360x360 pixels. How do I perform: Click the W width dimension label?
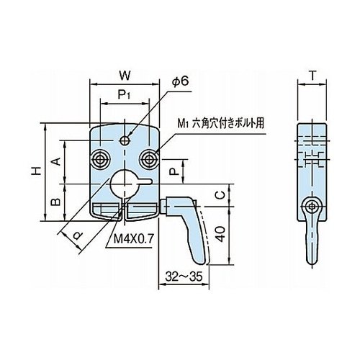point(125,76)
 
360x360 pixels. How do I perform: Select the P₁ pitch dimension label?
point(124,95)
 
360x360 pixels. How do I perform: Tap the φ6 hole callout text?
point(180,81)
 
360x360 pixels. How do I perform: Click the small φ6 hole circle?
point(124,140)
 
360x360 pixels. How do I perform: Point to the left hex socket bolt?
point(100,158)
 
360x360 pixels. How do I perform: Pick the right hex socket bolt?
point(149,158)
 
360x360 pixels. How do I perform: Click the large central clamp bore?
point(124,184)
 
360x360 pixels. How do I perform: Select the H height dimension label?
point(37,171)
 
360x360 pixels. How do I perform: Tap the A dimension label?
point(56,161)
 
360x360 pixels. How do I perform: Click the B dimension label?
point(55,202)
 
